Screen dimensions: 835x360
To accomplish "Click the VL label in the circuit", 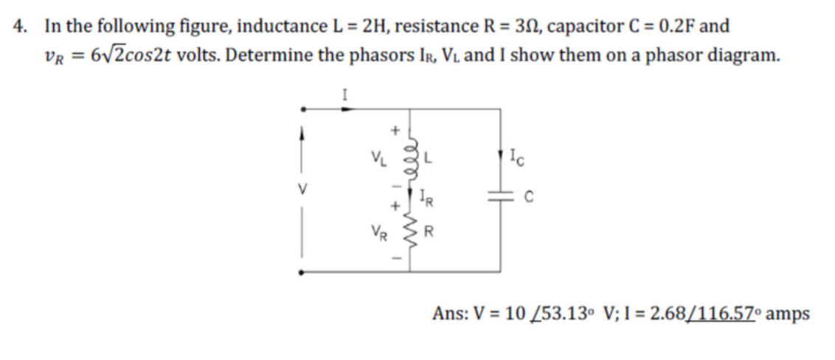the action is tap(379, 157).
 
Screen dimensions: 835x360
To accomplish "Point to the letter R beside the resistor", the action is tap(426, 236).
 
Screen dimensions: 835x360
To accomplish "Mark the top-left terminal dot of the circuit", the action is tap(299, 110).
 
